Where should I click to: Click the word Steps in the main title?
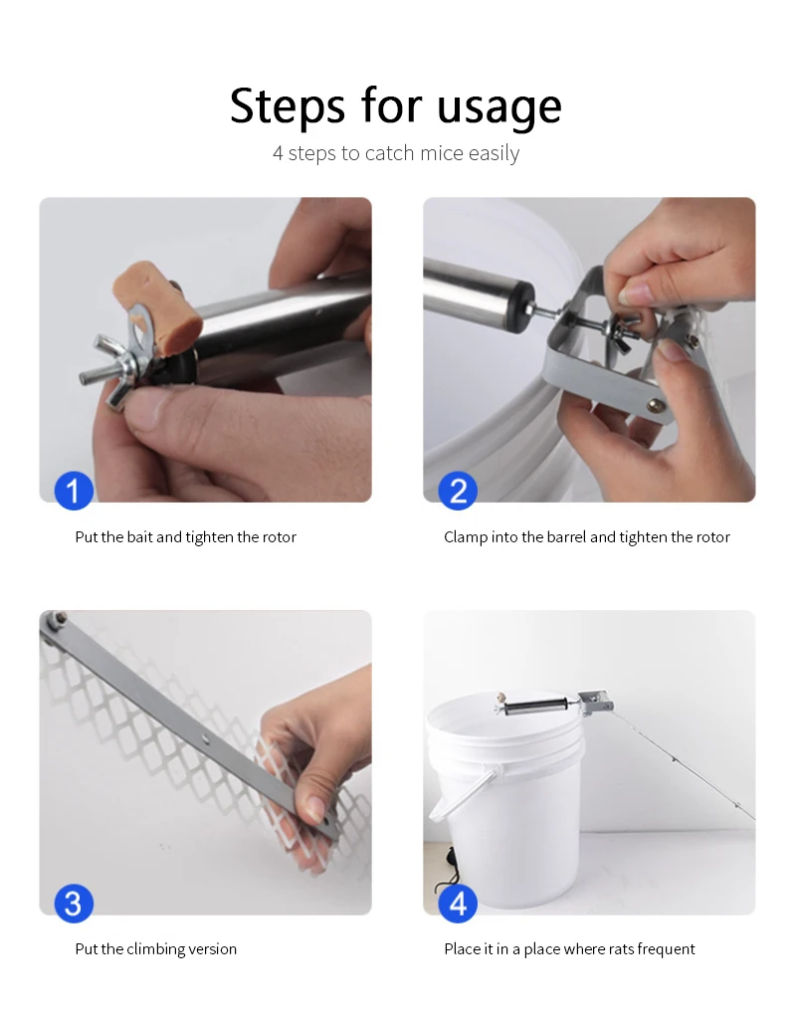[288, 106]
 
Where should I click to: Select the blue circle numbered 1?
[74, 491]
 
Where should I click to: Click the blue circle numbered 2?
[458, 491]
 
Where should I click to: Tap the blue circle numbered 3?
[74, 904]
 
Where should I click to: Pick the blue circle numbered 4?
[458, 904]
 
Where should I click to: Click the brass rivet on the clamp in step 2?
[653, 406]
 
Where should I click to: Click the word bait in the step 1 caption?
[139, 537]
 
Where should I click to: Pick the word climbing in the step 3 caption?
[155, 949]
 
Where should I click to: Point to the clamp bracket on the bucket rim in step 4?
[595, 702]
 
